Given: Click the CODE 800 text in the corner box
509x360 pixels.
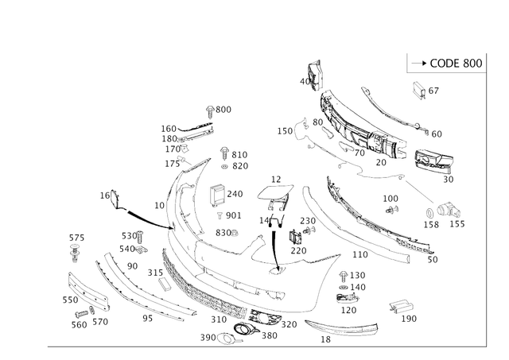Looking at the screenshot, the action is click(x=456, y=64).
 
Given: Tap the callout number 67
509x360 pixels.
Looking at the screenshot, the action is click(x=433, y=91).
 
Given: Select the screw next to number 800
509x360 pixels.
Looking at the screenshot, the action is click(x=210, y=111).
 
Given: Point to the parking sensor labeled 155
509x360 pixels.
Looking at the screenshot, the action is click(x=448, y=211).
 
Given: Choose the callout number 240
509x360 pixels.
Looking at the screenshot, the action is click(x=235, y=194).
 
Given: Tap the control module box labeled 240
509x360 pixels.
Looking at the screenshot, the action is click(x=217, y=195).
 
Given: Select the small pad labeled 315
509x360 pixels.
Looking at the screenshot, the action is click(x=165, y=285).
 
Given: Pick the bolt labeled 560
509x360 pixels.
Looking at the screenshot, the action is click(x=81, y=314).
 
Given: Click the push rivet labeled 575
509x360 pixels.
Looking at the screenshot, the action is click(x=75, y=253).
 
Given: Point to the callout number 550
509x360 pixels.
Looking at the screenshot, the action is click(x=71, y=300).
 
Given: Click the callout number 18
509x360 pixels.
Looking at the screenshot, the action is click(x=325, y=339).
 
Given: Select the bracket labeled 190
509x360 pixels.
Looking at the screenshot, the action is click(x=402, y=307).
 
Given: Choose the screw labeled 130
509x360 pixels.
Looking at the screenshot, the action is click(x=343, y=277).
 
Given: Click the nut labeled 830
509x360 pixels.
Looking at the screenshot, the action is click(x=235, y=233).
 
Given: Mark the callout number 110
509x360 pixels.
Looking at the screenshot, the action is click(x=360, y=254).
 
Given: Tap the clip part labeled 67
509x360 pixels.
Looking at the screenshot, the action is click(x=419, y=90).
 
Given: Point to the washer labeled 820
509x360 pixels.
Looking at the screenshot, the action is click(x=224, y=166).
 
